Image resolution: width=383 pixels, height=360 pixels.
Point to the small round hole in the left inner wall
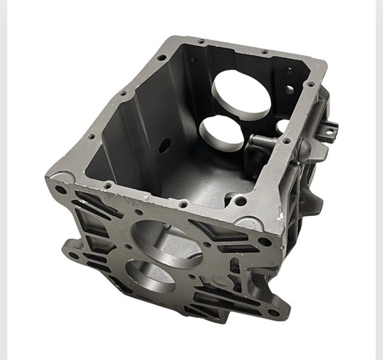point(164,143)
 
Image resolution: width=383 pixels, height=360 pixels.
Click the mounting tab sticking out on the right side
point(328,131)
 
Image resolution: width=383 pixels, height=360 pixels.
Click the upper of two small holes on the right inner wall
point(290,71)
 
